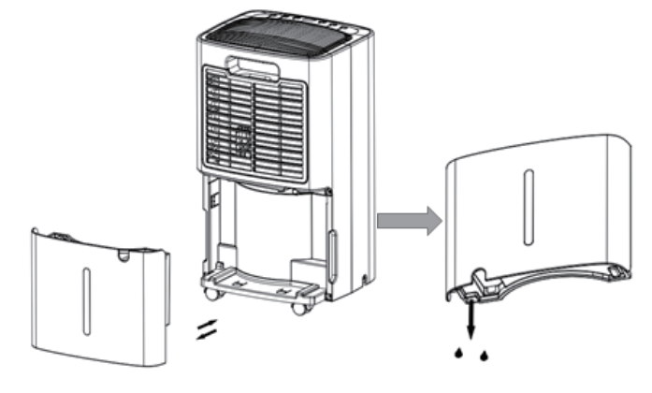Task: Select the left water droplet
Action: pyautogui.click(x=459, y=353)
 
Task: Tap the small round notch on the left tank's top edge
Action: pyautogui.click(x=123, y=252)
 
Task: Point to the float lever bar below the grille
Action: pyautogui.click(x=271, y=191)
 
